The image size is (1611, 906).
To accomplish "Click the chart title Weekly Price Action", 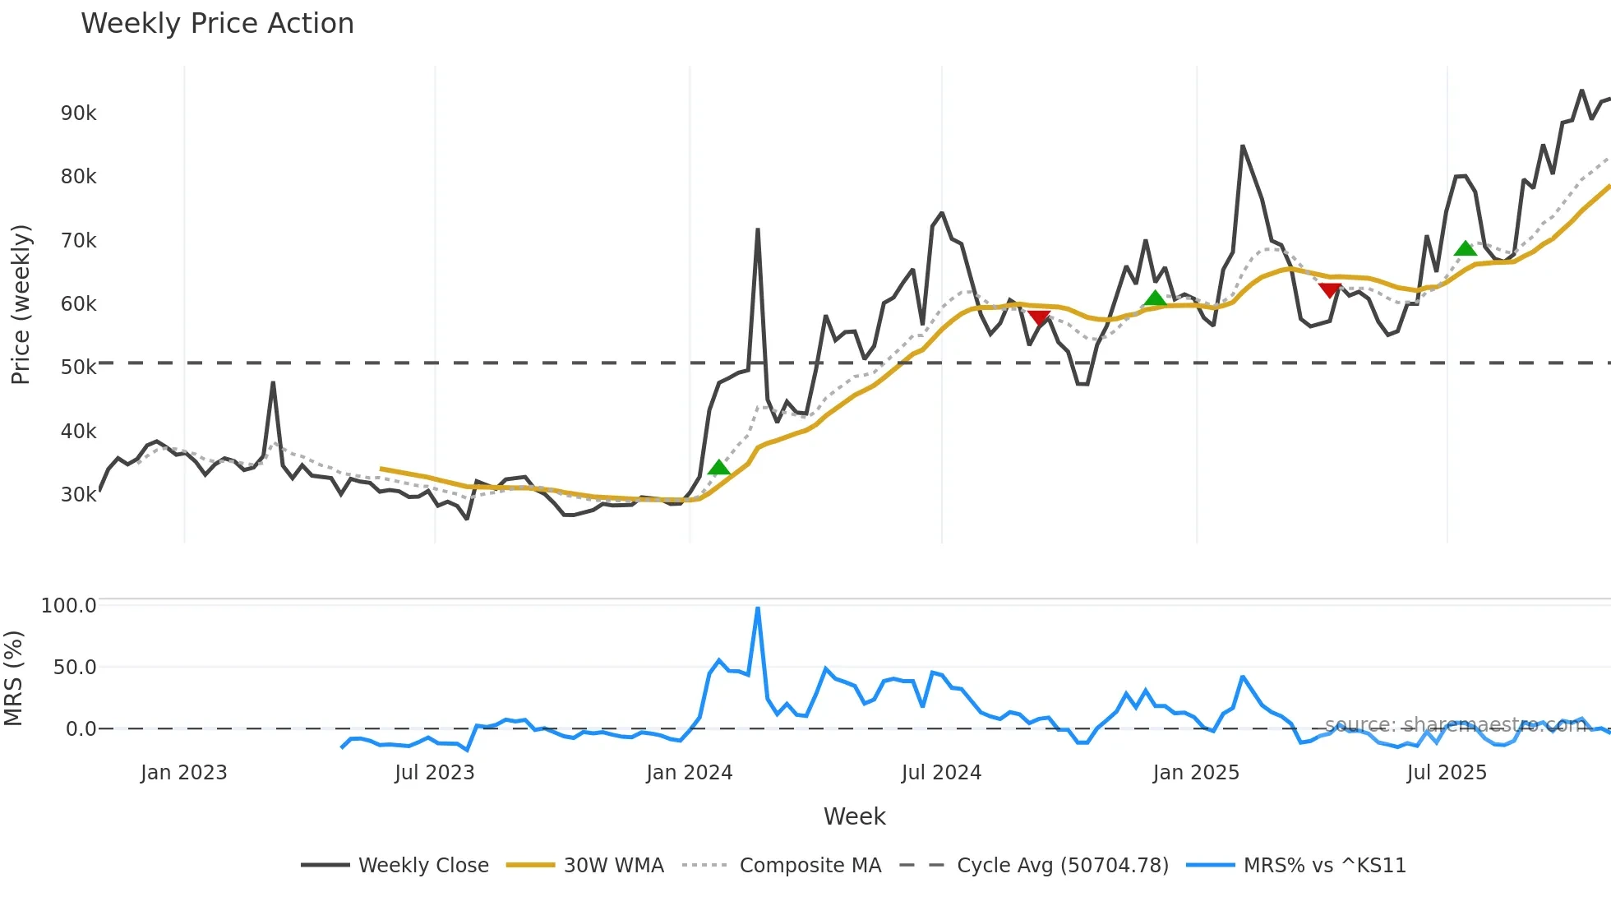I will point(217,24).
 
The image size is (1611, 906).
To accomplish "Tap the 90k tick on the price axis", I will point(78,113).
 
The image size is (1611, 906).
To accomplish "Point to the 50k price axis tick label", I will point(78,367).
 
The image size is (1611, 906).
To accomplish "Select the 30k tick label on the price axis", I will point(78,495).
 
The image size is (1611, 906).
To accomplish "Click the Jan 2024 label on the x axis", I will point(689,773).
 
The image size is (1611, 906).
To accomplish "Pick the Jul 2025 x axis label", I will point(1447,773).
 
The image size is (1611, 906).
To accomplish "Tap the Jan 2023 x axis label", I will point(183,773).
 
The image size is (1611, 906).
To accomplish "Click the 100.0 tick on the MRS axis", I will point(68,606).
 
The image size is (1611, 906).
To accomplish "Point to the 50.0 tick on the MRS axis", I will point(74,668).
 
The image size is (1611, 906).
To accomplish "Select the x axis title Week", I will point(854,816).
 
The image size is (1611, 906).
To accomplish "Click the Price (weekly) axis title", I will point(21,304).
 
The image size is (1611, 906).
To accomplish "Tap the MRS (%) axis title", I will point(14,678).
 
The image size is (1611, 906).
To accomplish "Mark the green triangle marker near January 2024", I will point(719,468).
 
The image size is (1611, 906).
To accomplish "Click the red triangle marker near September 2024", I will point(1039,317).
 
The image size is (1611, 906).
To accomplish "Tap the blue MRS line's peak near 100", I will point(758,609).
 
